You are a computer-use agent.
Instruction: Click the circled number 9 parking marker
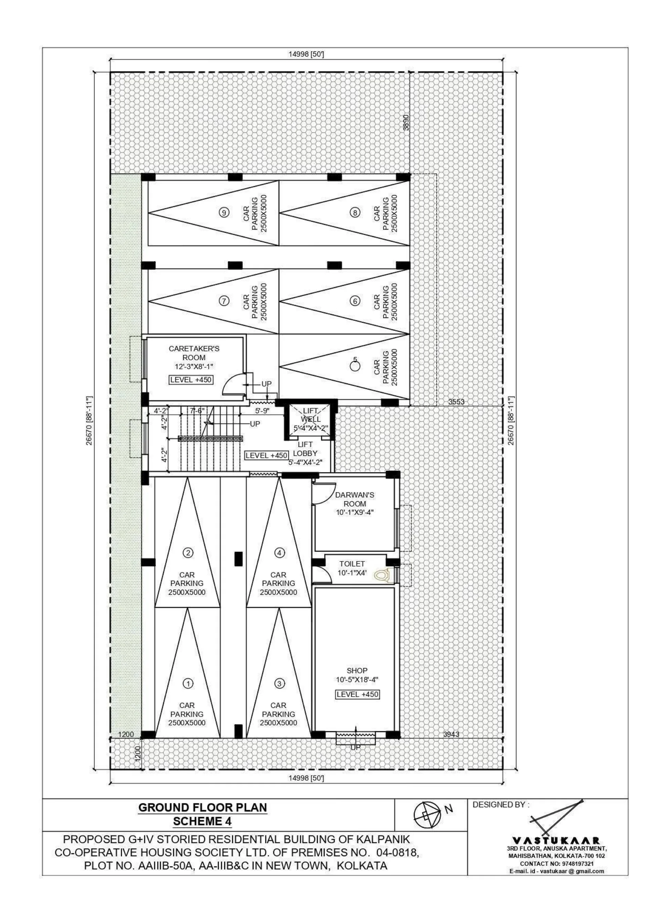click(x=224, y=213)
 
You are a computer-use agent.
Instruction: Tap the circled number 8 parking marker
click(x=355, y=213)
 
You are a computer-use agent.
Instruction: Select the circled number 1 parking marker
click(x=188, y=683)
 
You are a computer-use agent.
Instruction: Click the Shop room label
click(x=357, y=671)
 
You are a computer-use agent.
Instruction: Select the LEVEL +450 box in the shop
click(x=357, y=694)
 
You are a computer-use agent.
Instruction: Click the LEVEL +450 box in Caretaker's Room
click(x=191, y=380)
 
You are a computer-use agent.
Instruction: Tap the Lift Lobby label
click(x=305, y=449)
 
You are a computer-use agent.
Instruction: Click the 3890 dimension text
click(x=406, y=122)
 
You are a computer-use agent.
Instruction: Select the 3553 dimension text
click(x=457, y=402)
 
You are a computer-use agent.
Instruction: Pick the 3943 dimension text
click(x=451, y=734)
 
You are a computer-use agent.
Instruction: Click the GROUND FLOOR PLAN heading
click(x=203, y=808)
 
